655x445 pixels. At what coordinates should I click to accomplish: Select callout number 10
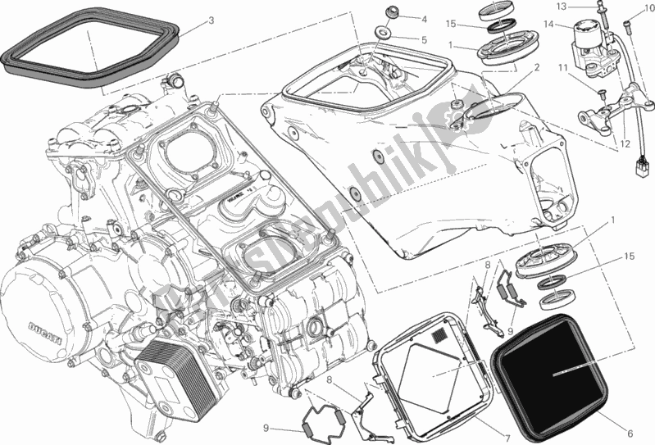[638, 9]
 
